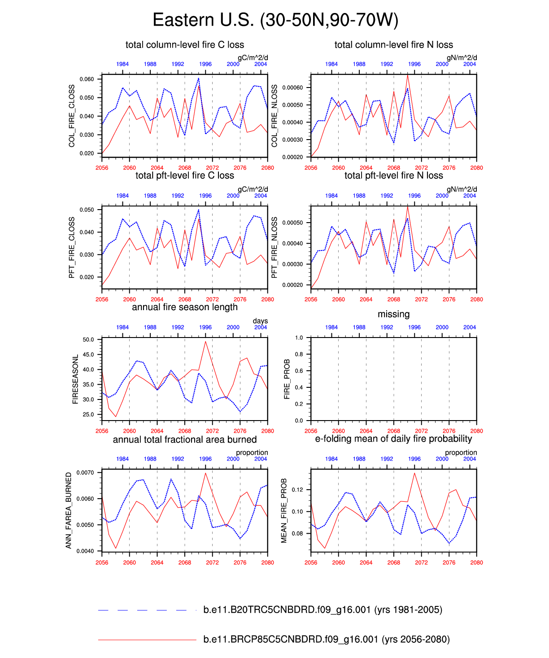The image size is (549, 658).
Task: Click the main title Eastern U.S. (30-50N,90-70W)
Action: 275,20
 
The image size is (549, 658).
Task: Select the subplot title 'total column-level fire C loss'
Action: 185,45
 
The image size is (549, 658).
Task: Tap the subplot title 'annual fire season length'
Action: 185,307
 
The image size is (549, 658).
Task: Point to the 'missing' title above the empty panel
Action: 393,314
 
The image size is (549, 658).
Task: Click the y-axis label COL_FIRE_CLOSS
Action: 72,116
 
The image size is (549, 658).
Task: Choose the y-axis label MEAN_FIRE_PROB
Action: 284,511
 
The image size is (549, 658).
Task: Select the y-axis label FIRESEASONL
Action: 75,379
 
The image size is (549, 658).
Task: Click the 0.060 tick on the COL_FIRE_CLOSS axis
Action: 87,79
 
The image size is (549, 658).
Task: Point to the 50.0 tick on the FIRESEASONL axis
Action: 88,340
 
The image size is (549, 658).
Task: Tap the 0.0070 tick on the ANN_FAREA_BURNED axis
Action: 85,473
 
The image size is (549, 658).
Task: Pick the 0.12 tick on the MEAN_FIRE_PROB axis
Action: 297,490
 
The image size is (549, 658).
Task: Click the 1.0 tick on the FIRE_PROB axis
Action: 299,338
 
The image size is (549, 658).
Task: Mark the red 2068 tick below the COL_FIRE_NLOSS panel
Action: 393,168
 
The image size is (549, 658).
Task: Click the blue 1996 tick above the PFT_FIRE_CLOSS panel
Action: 205,196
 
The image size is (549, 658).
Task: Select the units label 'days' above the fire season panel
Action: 260,321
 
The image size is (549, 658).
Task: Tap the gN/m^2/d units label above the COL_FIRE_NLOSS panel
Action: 462,58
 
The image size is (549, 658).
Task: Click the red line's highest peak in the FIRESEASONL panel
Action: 205,342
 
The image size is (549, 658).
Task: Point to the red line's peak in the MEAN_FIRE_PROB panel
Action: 414,473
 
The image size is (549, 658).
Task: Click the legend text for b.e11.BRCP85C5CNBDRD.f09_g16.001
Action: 326,639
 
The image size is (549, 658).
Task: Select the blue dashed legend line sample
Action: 142,610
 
